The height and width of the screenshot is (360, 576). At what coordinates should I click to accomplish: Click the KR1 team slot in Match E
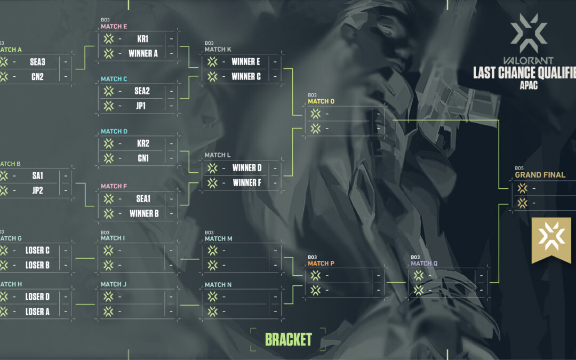tap(142, 39)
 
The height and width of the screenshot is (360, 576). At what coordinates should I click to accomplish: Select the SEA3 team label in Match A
tap(37, 62)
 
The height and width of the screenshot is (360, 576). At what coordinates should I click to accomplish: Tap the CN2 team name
tap(37, 77)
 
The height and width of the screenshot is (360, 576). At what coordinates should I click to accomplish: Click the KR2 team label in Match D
tap(142, 143)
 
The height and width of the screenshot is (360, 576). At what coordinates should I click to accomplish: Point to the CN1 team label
tap(142, 158)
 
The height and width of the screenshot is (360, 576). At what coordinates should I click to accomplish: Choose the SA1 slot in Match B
tap(37, 175)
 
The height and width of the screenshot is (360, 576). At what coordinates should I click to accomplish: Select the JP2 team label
tap(37, 190)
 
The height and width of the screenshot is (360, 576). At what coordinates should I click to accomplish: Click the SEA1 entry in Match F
tap(142, 198)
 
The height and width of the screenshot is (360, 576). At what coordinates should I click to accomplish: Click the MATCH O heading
tap(322, 101)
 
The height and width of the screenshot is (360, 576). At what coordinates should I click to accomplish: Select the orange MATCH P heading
tap(321, 263)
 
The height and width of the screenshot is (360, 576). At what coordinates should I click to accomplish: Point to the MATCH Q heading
tap(424, 263)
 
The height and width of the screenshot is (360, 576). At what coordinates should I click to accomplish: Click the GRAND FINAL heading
tap(540, 175)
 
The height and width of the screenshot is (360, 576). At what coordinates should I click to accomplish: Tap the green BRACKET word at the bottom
tap(288, 339)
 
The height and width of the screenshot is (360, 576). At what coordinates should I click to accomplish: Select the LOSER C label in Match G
tap(37, 250)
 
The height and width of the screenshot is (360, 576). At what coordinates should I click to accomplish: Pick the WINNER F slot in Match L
tap(247, 183)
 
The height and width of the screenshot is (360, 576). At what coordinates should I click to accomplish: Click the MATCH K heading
tap(218, 49)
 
